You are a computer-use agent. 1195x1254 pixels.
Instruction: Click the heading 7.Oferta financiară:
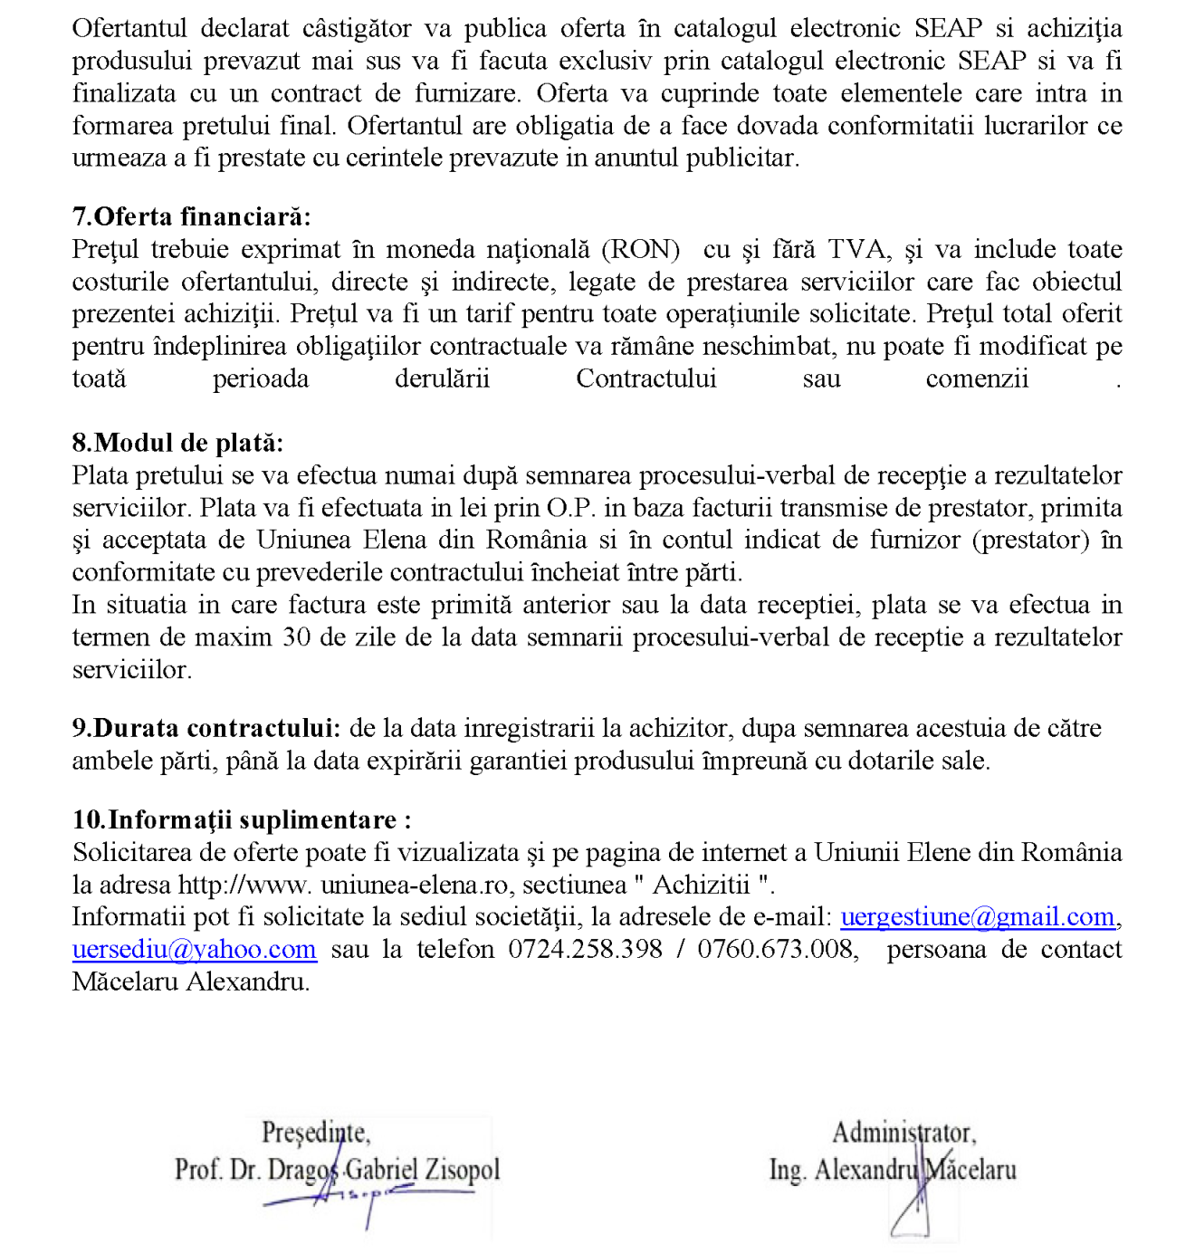(x=191, y=217)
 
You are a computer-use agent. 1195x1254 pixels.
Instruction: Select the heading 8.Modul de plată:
(x=177, y=443)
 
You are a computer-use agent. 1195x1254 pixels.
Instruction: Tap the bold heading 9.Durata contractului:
(x=206, y=728)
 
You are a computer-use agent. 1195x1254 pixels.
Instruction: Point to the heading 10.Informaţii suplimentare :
(x=242, y=819)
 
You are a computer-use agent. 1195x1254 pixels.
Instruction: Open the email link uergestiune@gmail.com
(x=978, y=917)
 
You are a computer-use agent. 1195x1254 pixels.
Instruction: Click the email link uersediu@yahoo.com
(x=194, y=950)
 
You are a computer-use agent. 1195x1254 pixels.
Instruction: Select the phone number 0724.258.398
(x=585, y=950)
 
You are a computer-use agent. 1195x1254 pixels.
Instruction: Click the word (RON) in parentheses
(x=641, y=250)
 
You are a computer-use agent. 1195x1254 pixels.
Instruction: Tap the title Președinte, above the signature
(x=315, y=1133)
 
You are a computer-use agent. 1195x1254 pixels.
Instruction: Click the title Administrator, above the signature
(x=903, y=1133)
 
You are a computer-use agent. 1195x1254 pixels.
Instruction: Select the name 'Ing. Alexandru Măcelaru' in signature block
(x=893, y=1170)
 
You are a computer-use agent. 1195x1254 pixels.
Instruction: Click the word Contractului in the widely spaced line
(x=645, y=378)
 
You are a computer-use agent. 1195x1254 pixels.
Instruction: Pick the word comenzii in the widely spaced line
(x=977, y=378)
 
